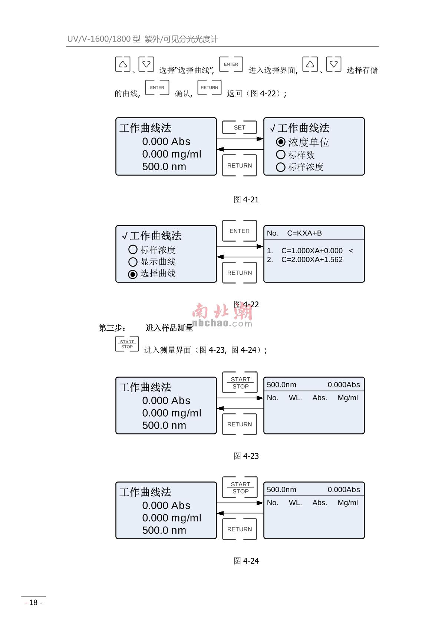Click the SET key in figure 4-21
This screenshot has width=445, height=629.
point(239,128)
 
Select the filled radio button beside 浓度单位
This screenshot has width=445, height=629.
point(281,142)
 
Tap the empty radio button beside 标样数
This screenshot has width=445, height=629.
point(281,155)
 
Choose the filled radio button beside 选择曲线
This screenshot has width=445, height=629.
point(133,274)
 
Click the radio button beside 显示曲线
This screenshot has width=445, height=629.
point(133,262)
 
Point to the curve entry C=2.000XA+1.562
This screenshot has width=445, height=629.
point(311,259)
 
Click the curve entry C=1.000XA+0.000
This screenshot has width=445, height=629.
point(311,251)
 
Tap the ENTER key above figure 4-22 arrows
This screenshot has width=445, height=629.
point(239,231)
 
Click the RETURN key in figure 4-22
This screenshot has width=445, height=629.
point(239,273)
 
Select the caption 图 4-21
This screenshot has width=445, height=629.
point(246,200)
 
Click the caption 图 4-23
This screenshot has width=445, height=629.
point(246,456)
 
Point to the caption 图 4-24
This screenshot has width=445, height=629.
point(246,561)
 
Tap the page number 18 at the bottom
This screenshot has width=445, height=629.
point(33,603)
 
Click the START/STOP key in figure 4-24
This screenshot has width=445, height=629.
point(240,488)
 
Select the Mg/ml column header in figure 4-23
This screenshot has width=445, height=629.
point(347,398)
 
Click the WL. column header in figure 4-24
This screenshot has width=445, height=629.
point(295,503)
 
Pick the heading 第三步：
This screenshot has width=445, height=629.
point(112,328)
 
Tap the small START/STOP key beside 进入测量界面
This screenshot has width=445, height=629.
point(127,344)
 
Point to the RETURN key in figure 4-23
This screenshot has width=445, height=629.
point(239,424)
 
